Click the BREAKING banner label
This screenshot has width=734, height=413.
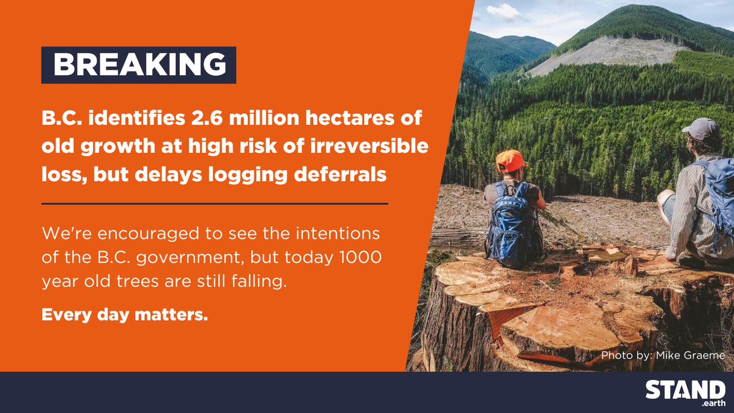pyautogui.click(x=138, y=65)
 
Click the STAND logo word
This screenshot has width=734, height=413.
pyautogui.click(x=686, y=390)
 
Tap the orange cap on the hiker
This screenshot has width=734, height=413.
pyautogui.click(x=510, y=160)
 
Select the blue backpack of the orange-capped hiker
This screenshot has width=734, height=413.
pyautogui.click(x=511, y=223)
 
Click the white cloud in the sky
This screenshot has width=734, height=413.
pyautogui.click(x=505, y=10)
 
